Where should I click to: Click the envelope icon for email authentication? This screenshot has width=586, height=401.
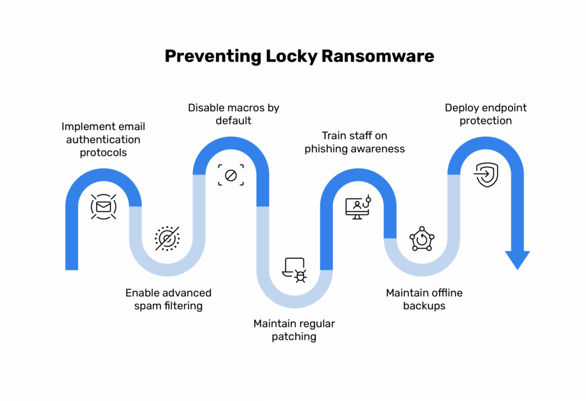pos(104,206)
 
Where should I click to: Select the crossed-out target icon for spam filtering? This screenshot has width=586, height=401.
pos(167,238)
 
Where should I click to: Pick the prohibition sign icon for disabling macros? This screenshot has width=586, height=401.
pos(231,175)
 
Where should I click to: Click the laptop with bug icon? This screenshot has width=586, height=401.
pos(295,270)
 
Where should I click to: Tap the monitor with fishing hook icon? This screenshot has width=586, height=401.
pos(358,207)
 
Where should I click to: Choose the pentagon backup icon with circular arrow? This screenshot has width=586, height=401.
pos(422,239)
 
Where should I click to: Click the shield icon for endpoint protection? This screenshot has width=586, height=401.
pos(486,175)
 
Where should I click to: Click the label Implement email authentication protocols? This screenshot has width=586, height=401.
pos(103,139)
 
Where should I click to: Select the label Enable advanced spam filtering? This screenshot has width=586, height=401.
pos(168,299)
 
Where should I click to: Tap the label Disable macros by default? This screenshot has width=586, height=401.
pos(233,114)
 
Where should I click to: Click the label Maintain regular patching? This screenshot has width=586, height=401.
pos(294,330)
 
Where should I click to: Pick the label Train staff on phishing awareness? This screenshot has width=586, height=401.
pos(354,142)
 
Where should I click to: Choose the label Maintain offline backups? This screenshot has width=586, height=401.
pos(424,299)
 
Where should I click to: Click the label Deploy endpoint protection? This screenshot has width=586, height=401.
pos(485,114)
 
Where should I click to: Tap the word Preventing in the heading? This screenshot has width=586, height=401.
pos(212,56)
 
